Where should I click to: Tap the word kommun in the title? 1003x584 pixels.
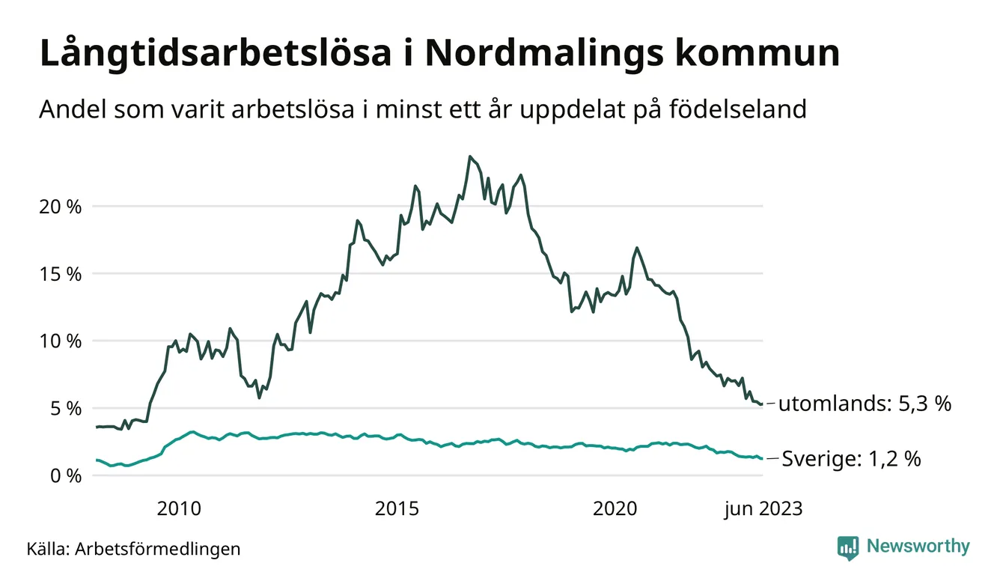(x=757, y=55)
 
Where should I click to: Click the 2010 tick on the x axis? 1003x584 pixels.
(x=179, y=510)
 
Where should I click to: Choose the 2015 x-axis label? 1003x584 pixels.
(x=397, y=510)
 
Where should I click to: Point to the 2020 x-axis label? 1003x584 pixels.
(x=615, y=510)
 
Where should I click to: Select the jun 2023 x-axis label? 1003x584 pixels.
(x=763, y=510)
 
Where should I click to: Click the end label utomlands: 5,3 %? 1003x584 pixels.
(x=865, y=405)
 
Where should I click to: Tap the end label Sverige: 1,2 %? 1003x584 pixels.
(x=851, y=459)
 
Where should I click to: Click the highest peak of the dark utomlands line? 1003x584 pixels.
(x=469, y=156)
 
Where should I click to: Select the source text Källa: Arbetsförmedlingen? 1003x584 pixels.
(x=133, y=549)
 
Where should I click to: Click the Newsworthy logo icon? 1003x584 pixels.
(x=848, y=548)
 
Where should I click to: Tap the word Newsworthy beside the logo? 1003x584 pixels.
(x=918, y=547)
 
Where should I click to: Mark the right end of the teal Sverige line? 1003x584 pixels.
(x=762, y=459)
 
